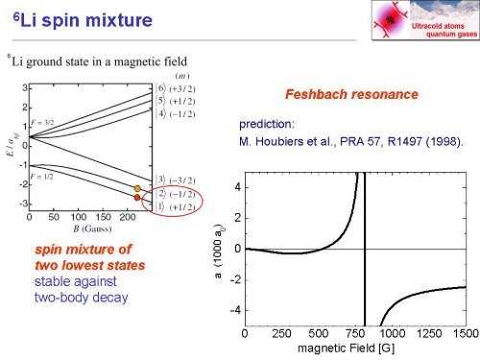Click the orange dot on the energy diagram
pos(137,188)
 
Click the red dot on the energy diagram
pos(137,197)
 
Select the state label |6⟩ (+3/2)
pos(179,86)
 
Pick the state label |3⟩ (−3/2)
pos(179,180)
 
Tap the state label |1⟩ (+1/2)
pos(179,206)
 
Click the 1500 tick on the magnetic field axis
pos(466,334)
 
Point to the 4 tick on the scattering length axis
pos(234,186)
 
